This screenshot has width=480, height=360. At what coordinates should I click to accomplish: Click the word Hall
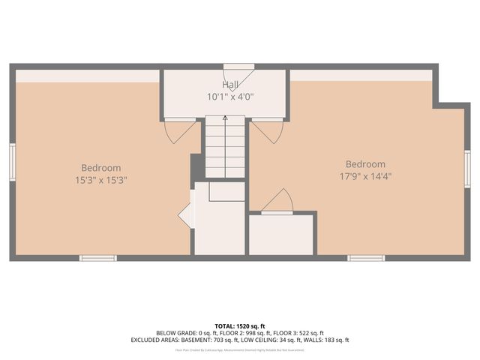230,85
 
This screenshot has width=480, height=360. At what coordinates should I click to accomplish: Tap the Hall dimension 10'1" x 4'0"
230,96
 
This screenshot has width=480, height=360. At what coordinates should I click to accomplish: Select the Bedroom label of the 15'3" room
101,168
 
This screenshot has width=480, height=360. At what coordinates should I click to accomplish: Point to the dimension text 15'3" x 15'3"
101,179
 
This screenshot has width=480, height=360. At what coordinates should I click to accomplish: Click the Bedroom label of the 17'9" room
365,164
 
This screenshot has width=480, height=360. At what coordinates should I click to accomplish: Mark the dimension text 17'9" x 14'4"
365,176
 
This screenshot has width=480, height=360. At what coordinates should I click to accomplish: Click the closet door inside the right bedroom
277,202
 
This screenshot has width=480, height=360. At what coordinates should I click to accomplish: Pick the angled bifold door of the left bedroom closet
186,215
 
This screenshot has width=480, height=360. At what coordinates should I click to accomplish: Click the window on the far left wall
12,162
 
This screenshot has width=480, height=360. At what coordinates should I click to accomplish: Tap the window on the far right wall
467,167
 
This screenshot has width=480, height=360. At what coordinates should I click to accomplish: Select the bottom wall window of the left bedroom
98,258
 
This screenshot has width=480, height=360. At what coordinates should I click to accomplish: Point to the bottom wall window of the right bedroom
366,258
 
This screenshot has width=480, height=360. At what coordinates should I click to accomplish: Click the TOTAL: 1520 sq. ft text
239,325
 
